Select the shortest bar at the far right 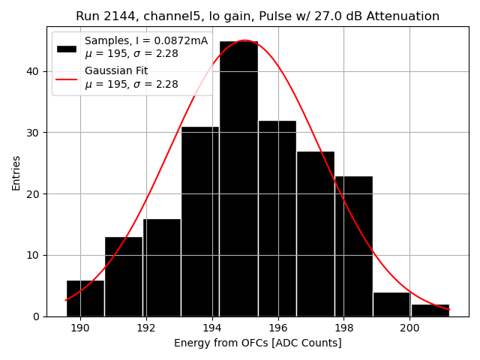point(430,310)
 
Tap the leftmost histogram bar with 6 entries point(85,298)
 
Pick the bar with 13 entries point(124,277)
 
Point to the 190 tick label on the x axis point(80,328)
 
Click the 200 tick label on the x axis point(409,328)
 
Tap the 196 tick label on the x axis point(278,328)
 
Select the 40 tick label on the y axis point(34,72)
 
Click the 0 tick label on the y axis point(37,316)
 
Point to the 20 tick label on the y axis point(34,194)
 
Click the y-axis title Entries point(16,172)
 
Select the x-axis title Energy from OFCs point(257,343)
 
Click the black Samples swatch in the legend point(67,48)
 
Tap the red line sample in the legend point(67,78)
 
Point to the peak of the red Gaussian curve point(244,40)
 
